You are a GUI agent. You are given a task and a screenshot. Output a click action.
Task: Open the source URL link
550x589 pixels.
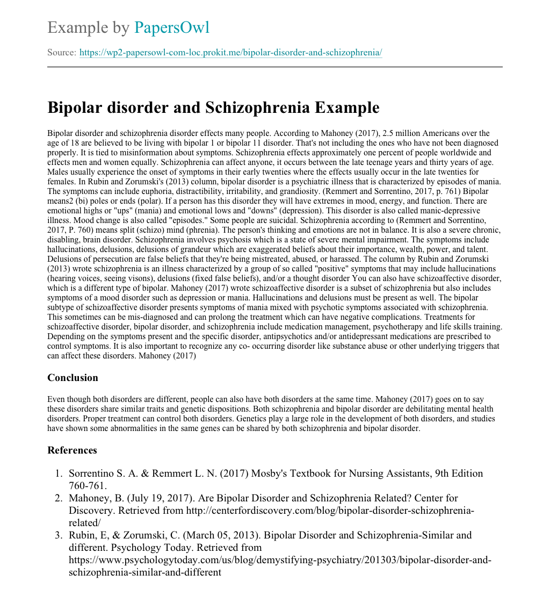tap(230, 53)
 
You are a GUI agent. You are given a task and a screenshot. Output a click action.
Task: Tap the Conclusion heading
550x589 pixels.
tap(73, 378)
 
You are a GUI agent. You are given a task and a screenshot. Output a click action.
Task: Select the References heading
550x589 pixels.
tap(72, 450)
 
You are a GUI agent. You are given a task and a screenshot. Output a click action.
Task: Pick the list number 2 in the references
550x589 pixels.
tap(59, 498)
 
